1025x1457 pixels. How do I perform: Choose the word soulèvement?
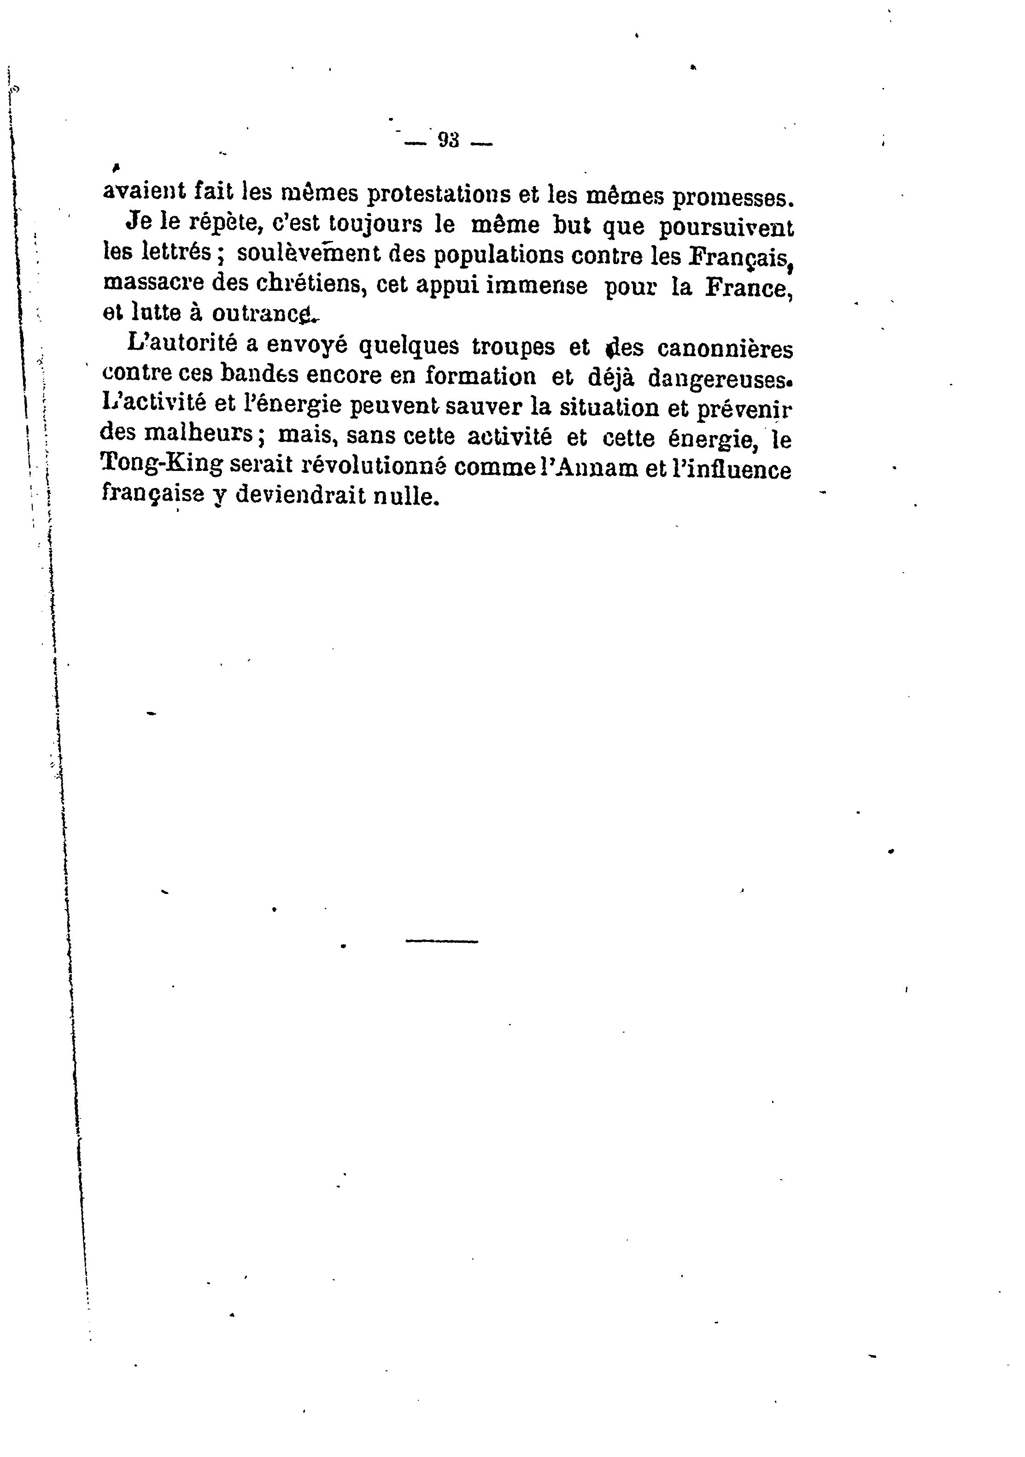tap(307, 254)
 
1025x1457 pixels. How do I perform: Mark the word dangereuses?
tap(720, 379)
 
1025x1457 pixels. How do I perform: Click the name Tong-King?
tap(162, 464)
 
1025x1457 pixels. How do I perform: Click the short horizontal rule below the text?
tap(441, 941)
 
